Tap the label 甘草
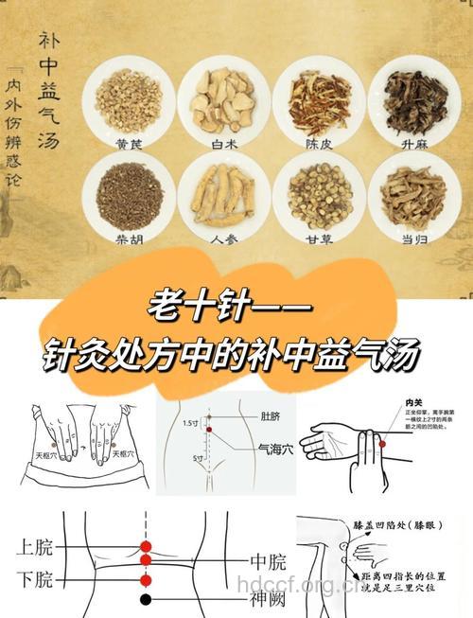[x=319, y=240]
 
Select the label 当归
[x=413, y=240]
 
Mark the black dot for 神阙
[x=146, y=599]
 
